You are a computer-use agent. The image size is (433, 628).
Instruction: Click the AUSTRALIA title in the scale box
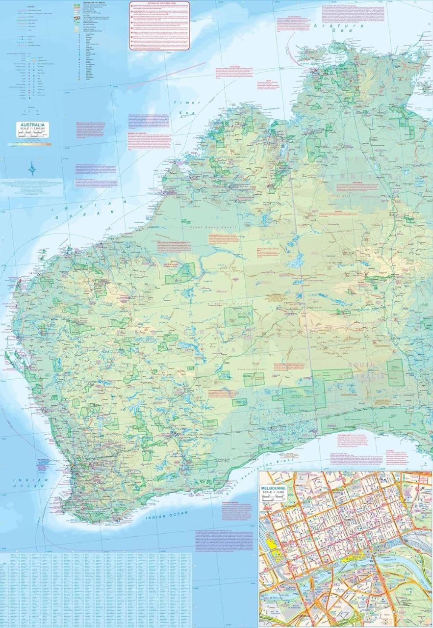tap(32, 125)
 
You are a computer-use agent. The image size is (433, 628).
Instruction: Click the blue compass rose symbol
tap(32, 170)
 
